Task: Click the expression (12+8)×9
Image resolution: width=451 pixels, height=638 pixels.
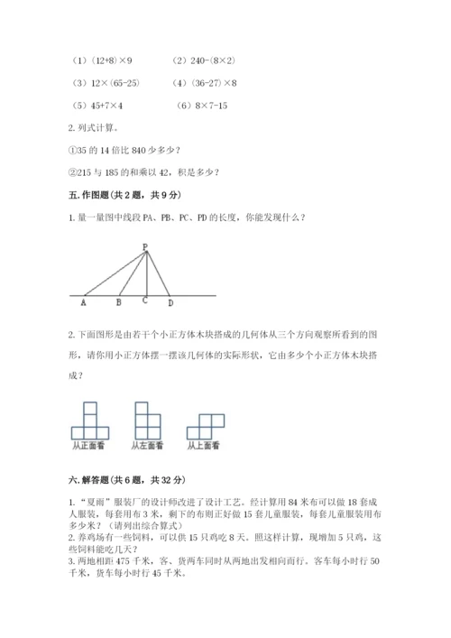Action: coord(109,60)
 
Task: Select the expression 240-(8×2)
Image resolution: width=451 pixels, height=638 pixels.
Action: coord(211,60)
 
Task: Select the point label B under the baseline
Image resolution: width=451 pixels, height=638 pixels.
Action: coord(119,303)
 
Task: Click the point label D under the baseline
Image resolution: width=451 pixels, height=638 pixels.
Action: coord(170,303)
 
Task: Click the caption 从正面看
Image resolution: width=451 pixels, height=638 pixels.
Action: coord(88,445)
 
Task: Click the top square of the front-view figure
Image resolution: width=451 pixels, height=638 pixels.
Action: coord(89,409)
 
